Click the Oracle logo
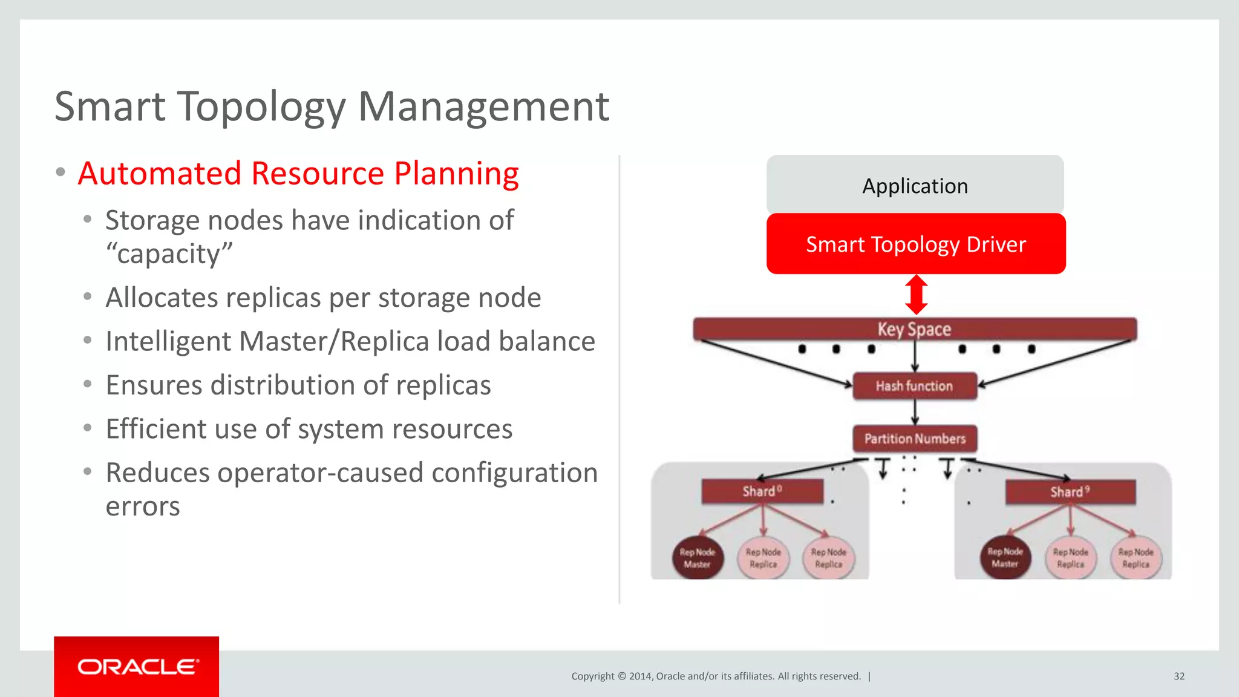coord(137,667)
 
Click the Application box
coord(915,185)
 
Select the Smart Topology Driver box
coord(915,244)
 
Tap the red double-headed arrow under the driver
coord(917,295)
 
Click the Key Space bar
coord(914,329)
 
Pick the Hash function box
coord(914,386)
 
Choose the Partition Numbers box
coord(915,439)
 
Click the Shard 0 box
coord(762,491)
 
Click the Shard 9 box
coord(1070,492)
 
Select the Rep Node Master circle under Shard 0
coord(697,558)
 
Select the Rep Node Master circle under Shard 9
coord(1005,557)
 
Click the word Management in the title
coord(483,106)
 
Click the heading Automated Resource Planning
coord(298,174)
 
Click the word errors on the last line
coord(143,506)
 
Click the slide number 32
coord(1179,676)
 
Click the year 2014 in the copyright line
coord(640,676)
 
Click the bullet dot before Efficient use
coord(88,428)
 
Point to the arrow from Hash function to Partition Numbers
coord(915,413)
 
